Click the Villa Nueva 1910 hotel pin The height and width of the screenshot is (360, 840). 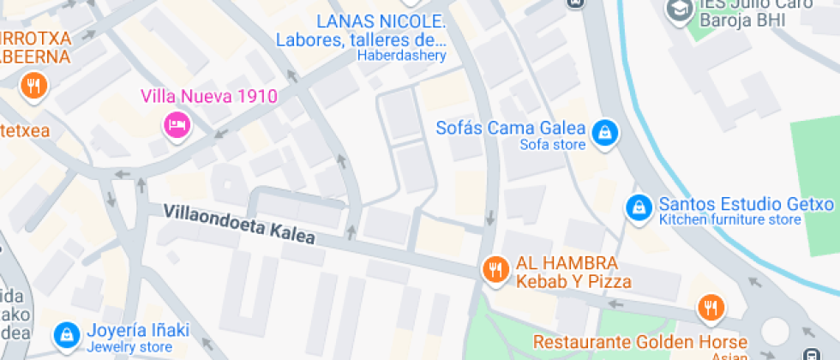point(177,125)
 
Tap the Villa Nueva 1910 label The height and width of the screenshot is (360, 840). point(209,96)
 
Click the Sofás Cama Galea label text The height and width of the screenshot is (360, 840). point(511,129)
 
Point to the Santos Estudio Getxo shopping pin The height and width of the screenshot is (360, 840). point(638,207)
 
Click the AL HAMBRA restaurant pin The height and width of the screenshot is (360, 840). point(494,269)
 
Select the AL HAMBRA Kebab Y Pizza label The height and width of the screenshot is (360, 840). point(573,272)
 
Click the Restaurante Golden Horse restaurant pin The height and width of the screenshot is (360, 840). point(710,308)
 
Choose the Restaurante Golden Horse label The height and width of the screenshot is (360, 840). point(640,341)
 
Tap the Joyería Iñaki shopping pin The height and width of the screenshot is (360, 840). point(65,335)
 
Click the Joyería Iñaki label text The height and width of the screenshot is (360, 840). point(129,330)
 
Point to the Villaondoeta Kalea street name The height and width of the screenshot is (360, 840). point(239,224)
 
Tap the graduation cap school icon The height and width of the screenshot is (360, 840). point(680,10)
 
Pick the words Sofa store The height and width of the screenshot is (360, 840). point(553,145)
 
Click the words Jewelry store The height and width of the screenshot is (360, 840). point(129,347)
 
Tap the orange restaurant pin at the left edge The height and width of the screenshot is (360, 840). point(34,86)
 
